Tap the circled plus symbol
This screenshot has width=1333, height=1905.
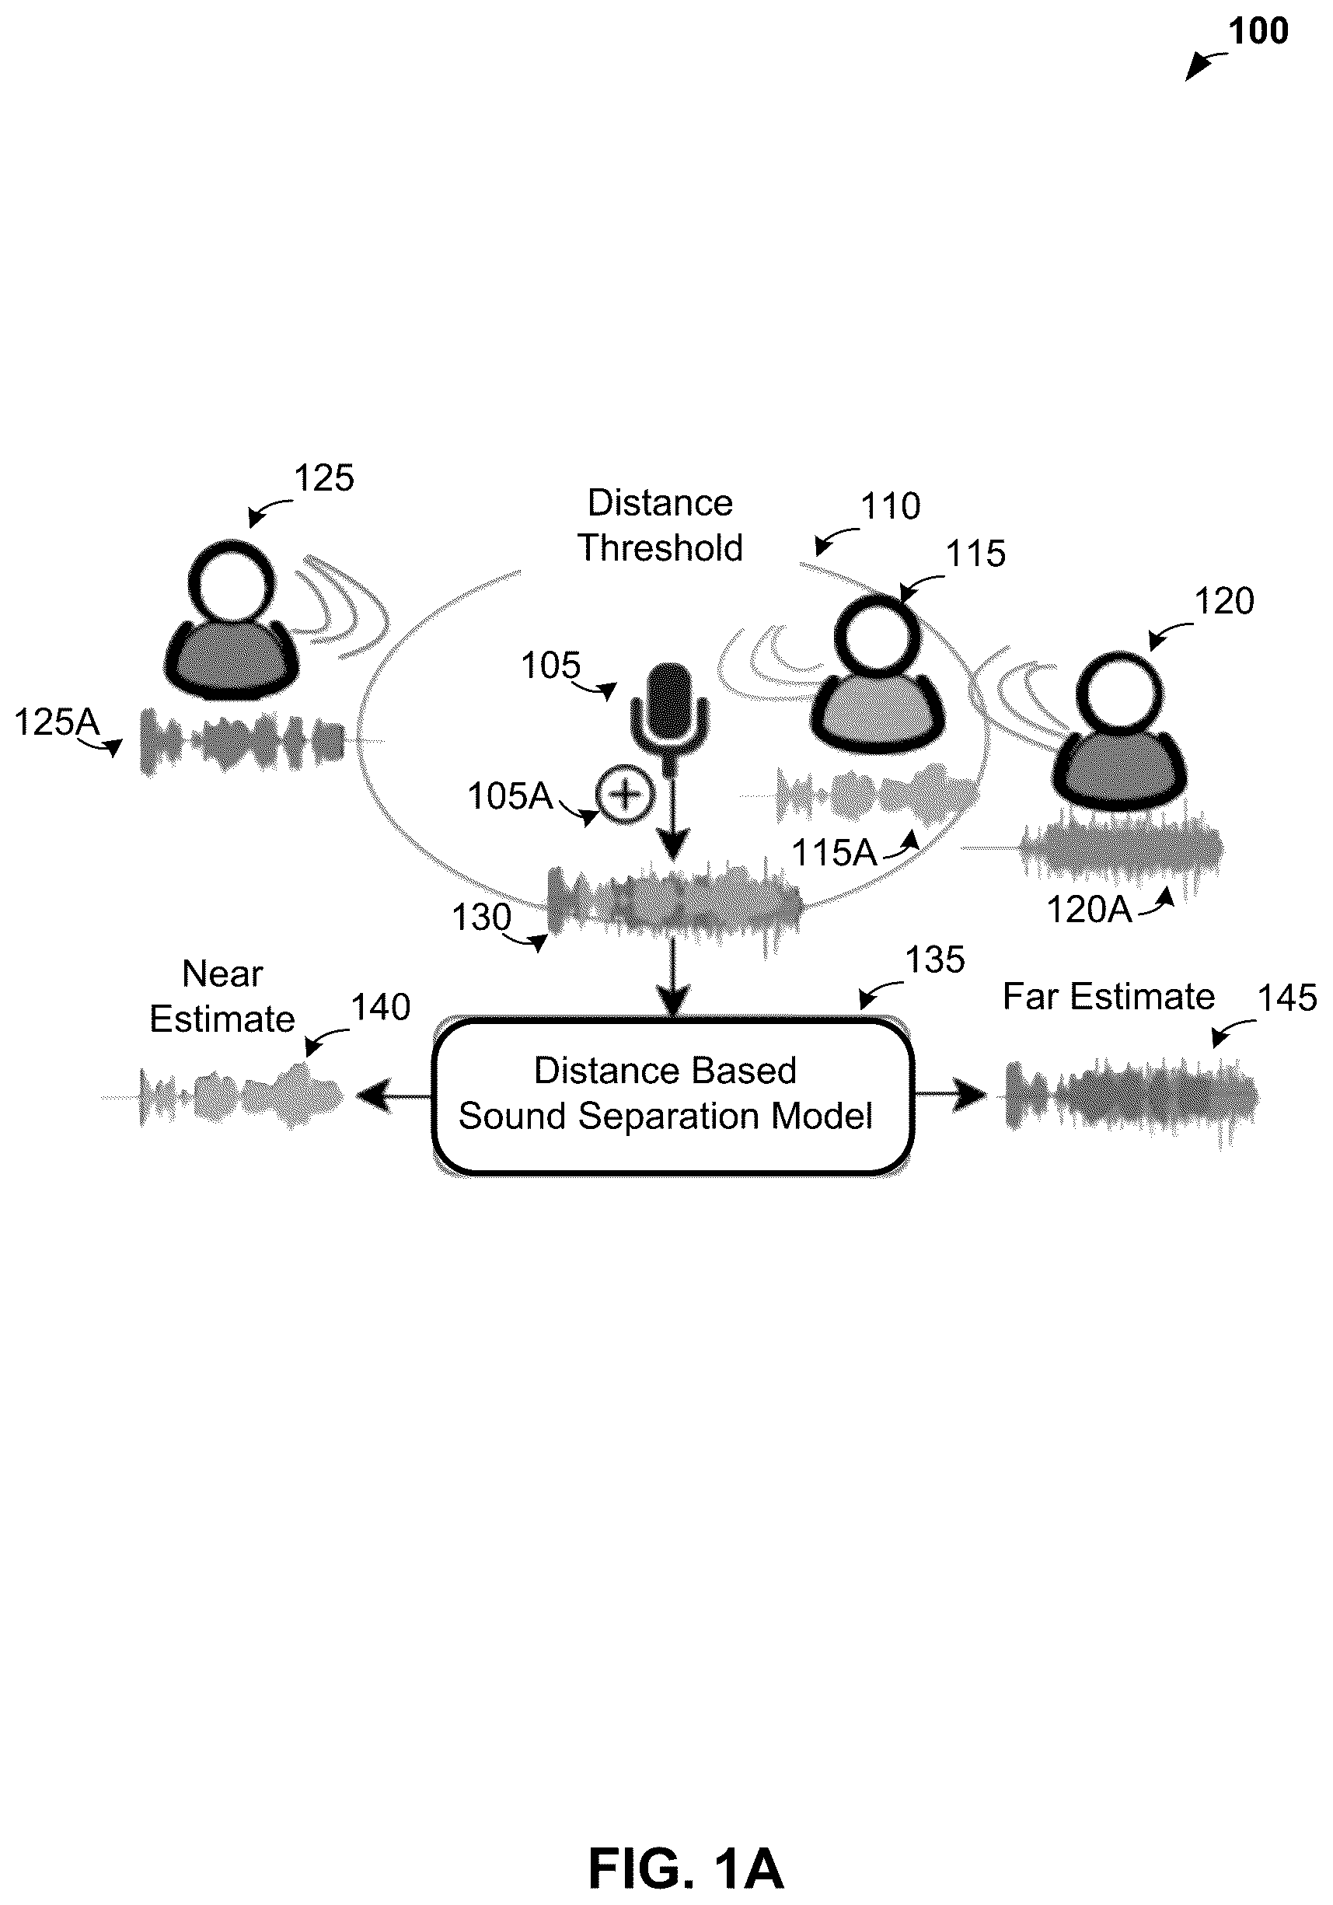[626, 795]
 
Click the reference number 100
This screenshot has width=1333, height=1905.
[1258, 32]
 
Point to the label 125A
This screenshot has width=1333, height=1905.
[57, 722]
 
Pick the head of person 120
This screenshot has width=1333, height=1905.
[1120, 692]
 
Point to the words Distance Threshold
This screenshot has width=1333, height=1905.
[660, 525]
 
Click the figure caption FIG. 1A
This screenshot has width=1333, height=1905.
[686, 1845]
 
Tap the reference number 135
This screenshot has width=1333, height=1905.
[935, 959]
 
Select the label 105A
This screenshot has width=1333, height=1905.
[510, 795]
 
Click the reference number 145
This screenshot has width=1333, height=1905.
[1287, 998]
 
